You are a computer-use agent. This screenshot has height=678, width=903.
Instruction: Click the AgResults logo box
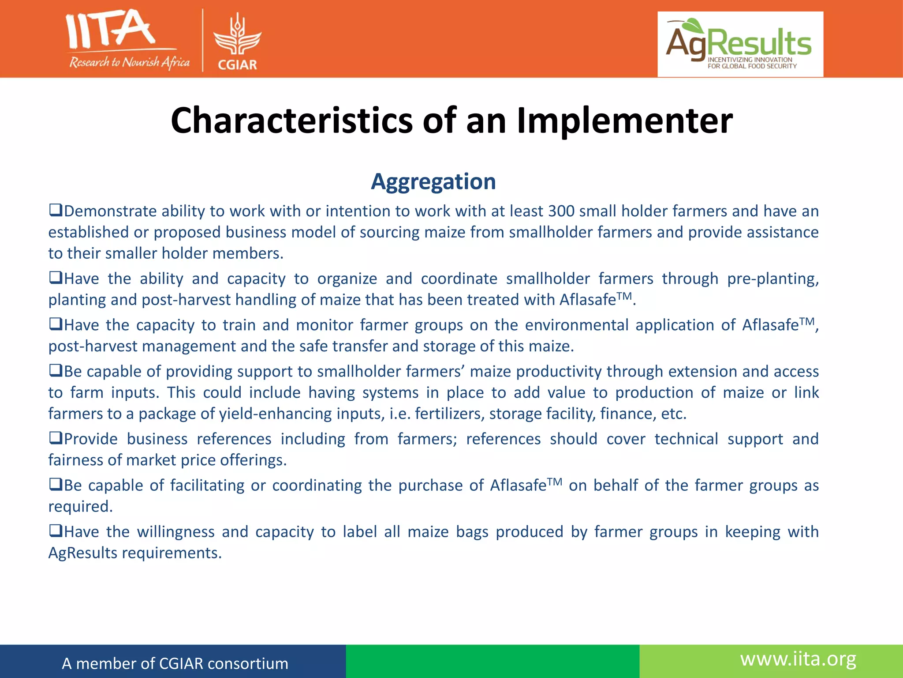pos(740,44)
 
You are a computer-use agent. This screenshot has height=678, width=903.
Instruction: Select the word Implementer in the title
pos(624,121)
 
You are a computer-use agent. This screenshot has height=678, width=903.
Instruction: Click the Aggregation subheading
pos(433,181)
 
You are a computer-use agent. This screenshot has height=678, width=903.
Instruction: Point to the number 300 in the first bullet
pos(561,211)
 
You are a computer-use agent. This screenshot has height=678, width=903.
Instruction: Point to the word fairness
pos(75,460)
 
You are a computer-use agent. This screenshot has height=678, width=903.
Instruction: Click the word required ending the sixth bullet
pos(80,506)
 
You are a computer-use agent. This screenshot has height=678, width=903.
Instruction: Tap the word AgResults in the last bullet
pos(82,553)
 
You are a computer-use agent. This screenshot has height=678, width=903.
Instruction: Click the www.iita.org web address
pos(798,659)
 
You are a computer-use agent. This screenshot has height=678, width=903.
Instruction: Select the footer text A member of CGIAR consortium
pos(175,663)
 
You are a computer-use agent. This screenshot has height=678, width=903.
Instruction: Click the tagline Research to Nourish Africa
pos(129,62)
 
